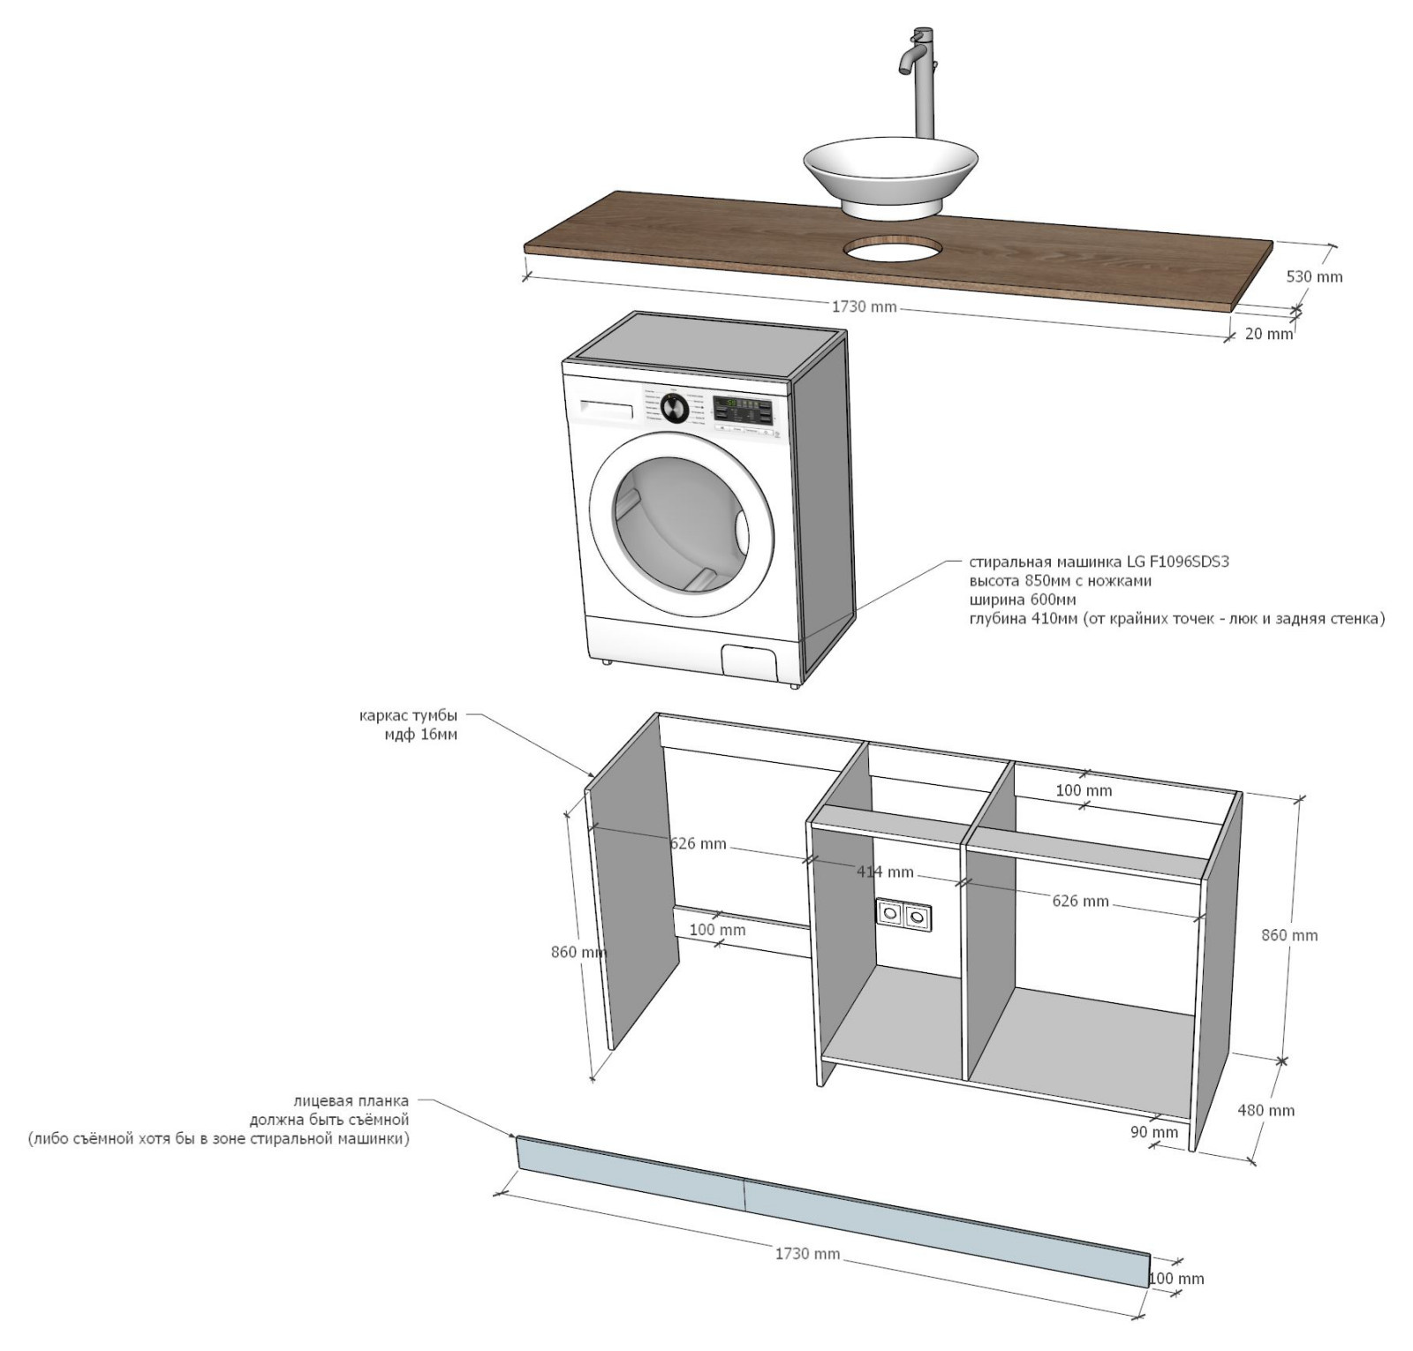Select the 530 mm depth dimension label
[x=1314, y=276]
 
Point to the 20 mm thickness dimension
[x=1268, y=334]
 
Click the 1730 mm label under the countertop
[x=864, y=307]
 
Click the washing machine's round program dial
[x=674, y=407]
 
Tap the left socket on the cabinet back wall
[x=890, y=912]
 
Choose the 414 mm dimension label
[x=885, y=872]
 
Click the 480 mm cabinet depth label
[x=1266, y=1110]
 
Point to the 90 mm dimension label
[x=1154, y=1132]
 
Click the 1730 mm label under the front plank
[x=807, y=1253]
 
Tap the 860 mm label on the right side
[x=1288, y=935]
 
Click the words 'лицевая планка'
[x=351, y=1101]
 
